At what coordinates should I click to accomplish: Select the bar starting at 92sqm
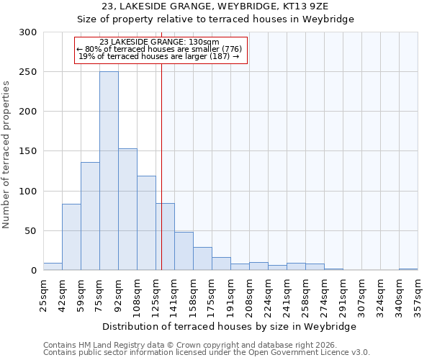click(127, 210)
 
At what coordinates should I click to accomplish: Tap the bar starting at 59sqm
click(90, 216)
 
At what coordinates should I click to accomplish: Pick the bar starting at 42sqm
click(71, 237)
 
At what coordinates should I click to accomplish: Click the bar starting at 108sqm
click(146, 223)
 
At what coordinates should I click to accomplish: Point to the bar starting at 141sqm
click(184, 251)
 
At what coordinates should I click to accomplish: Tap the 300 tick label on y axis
click(28, 32)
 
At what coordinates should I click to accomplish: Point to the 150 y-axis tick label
click(28, 151)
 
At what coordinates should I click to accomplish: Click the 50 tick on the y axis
click(31, 231)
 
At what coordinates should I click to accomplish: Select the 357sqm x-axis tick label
click(418, 294)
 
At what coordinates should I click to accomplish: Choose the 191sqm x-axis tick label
click(230, 294)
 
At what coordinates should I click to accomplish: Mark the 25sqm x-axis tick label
click(43, 292)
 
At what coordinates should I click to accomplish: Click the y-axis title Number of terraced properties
click(6, 155)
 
